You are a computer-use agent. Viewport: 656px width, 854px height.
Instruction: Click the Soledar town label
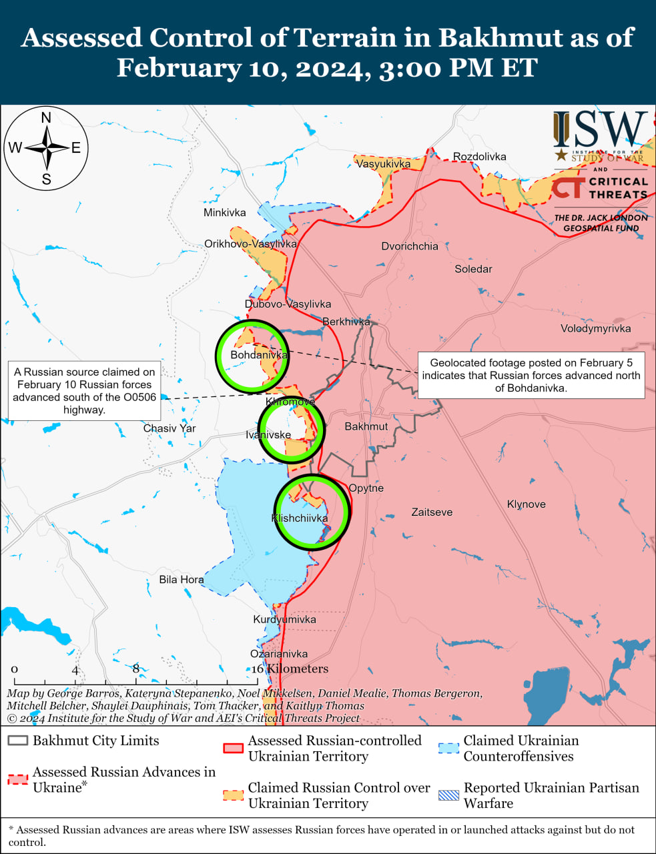pos(473,269)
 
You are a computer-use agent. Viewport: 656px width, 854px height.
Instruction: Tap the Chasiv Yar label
pos(170,428)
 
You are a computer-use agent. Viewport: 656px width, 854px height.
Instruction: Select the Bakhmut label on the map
pos(366,426)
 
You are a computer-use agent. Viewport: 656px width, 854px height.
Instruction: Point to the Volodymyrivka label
pos(595,328)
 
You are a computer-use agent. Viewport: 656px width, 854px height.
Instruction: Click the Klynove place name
pos(526,504)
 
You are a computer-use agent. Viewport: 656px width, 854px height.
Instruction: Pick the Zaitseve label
pos(432,512)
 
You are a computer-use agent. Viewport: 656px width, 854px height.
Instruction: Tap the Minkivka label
pos(224,213)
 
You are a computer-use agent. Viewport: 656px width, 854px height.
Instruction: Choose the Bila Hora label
pos(181,580)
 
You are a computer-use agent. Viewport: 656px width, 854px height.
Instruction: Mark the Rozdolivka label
pos(479,157)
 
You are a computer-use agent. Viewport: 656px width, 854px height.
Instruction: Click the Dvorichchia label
pos(410,246)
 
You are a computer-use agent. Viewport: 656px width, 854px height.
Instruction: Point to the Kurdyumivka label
pos(284,620)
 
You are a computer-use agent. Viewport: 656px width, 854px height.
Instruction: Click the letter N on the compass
pos(46,118)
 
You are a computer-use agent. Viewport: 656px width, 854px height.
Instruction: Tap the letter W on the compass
pos(15,148)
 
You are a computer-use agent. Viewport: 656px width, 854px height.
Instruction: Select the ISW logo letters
pos(600,129)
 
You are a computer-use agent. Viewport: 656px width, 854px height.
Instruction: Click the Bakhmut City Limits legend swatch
pos(18,741)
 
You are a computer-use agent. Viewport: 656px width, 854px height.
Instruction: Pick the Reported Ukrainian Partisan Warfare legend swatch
pos(448,795)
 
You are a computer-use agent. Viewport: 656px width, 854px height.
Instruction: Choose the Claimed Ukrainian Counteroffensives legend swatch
pos(448,748)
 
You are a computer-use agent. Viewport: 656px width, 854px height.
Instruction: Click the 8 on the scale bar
pos(136,669)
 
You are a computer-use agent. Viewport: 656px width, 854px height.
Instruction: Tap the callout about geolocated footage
pos(531,375)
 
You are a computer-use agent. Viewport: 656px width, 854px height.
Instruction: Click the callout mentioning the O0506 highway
pos(84,391)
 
